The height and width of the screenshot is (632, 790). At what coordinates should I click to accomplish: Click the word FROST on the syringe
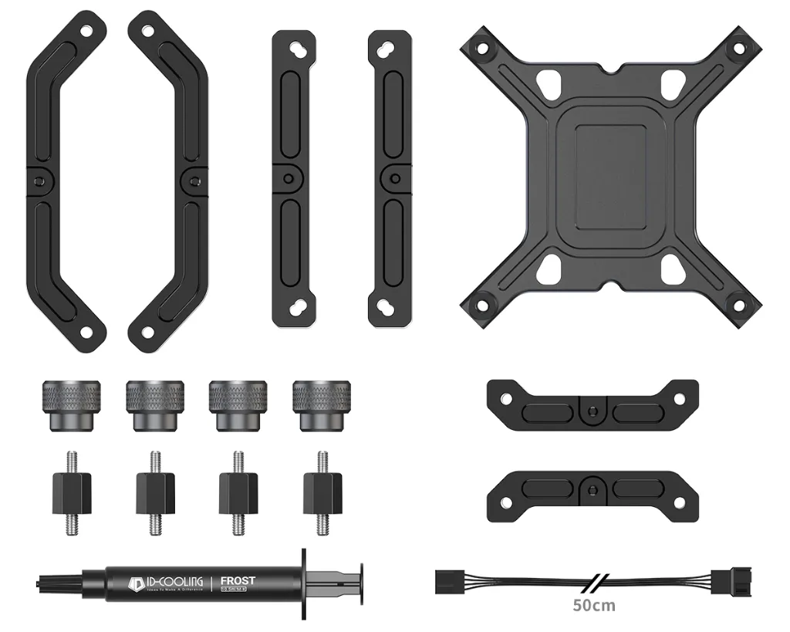pyautogui.click(x=238, y=580)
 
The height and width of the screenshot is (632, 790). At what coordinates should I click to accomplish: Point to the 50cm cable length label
pyautogui.click(x=594, y=605)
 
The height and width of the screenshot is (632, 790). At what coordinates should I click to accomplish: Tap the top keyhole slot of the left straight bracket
pyautogui.click(x=295, y=49)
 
